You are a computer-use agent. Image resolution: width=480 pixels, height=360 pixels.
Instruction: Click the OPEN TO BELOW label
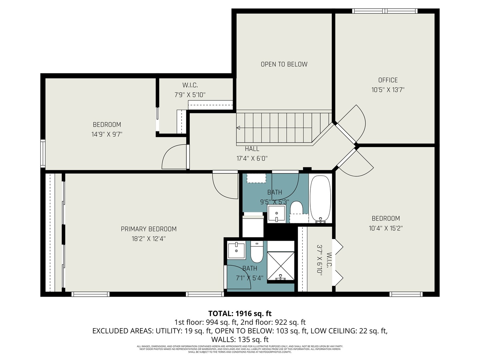[x=284, y=64]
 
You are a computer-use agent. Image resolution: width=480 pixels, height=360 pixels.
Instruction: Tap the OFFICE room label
[x=388, y=80]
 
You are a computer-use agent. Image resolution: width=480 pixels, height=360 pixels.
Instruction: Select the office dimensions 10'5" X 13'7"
[x=388, y=90]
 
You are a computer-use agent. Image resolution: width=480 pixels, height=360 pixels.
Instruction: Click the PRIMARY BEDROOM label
[x=149, y=229]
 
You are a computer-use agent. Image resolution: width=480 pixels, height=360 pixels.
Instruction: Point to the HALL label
[x=252, y=149]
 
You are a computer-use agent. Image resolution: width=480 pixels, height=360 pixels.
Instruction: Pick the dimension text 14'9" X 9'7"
[x=107, y=134]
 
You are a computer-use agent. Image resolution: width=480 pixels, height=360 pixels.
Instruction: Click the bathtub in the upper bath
[x=320, y=199]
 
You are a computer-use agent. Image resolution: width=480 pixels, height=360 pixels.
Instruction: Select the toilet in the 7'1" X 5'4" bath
[x=257, y=252]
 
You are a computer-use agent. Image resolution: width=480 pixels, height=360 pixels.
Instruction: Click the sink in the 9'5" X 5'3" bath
[x=277, y=214]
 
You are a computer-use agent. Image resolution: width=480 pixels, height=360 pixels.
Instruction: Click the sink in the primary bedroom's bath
[x=236, y=251]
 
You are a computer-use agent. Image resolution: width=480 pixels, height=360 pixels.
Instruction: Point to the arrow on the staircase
[x=238, y=128]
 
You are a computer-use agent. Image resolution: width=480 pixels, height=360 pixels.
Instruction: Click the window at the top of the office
[x=385, y=11]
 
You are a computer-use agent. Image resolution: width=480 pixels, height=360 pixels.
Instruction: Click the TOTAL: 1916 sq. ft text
[x=240, y=314]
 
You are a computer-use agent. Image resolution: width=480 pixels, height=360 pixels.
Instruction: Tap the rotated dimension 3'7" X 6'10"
[x=320, y=259]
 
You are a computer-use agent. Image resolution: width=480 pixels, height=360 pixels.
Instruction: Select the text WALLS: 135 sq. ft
[x=240, y=340]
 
